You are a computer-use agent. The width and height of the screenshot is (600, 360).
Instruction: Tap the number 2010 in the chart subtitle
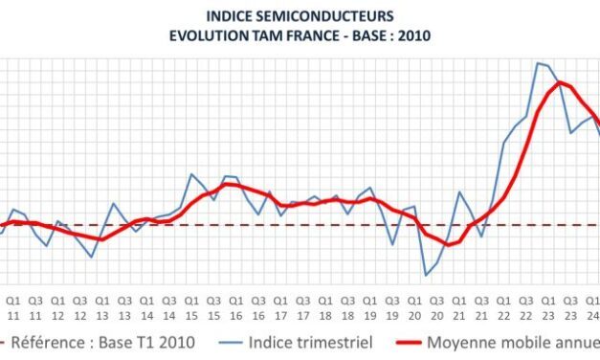pos(407,34)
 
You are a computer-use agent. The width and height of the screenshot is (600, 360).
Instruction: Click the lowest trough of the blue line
pos(426,276)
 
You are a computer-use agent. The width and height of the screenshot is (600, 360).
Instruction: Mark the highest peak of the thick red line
pos(559,82)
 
